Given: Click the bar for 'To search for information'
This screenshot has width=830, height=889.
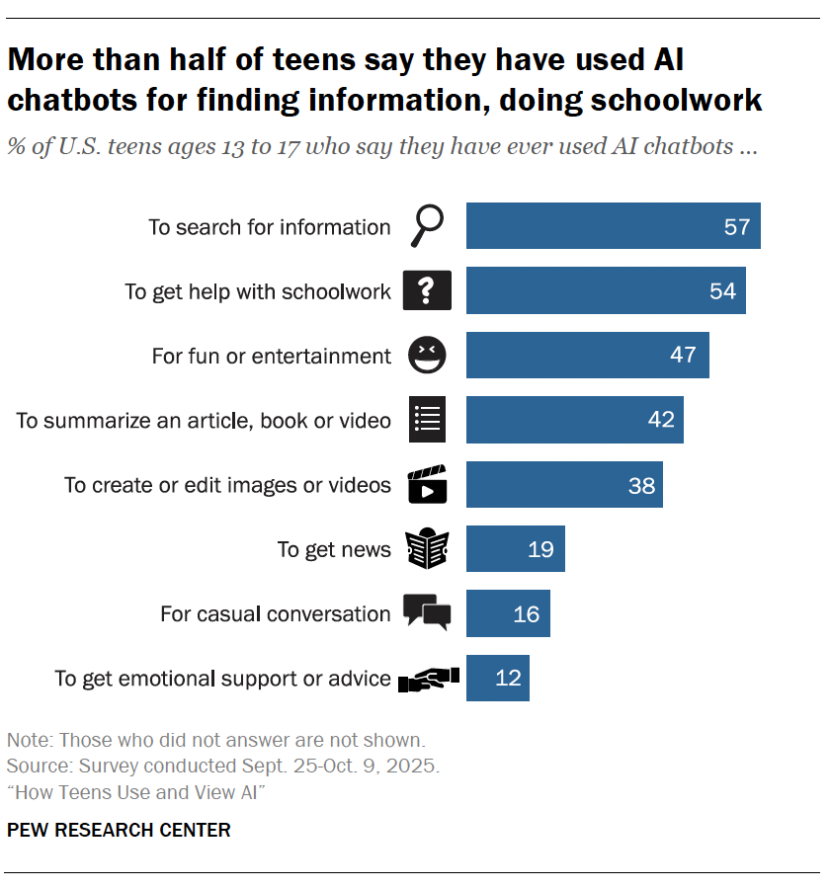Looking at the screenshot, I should click(x=613, y=226).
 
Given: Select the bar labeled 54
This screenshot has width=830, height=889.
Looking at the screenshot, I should click(x=606, y=290).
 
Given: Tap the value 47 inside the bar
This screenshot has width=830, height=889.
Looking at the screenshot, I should click(x=683, y=355).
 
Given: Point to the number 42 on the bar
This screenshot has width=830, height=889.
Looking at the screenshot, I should click(x=661, y=419).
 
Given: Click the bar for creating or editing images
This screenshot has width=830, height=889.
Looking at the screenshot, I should click(x=563, y=484).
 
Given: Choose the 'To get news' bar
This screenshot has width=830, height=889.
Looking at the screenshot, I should click(x=515, y=549).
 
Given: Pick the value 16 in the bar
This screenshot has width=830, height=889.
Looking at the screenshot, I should click(x=527, y=613).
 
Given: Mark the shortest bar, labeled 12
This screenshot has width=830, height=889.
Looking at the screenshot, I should click(x=497, y=679).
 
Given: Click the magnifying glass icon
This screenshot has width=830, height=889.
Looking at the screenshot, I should click(x=427, y=227).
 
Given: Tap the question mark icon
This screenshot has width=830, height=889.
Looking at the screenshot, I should click(x=427, y=290).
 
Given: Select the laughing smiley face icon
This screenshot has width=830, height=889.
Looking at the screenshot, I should click(x=427, y=355).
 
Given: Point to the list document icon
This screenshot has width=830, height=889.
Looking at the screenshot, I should click(x=427, y=419).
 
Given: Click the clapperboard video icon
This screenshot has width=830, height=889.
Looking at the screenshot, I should click(x=427, y=484).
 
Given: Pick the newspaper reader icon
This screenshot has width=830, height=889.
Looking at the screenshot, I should click(x=427, y=549).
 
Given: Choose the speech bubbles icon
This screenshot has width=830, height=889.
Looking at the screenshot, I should click(x=427, y=612).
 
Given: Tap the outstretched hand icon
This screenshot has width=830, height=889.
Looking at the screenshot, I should click(x=427, y=679).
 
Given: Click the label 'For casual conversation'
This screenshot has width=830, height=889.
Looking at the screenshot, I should click(x=276, y=613).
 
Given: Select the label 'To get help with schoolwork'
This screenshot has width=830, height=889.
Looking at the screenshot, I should click(x=258, y=291).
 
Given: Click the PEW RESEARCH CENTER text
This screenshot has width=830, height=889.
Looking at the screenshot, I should click(x=119, y=830).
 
